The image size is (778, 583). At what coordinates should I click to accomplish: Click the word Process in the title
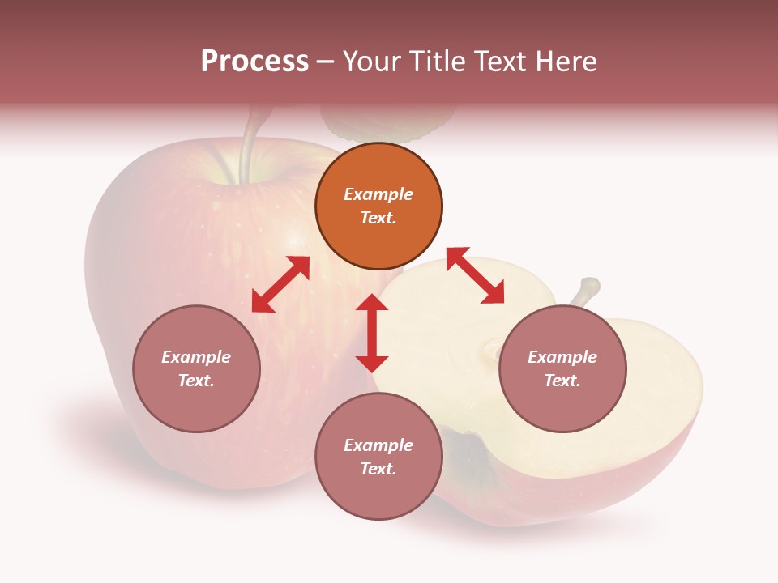point(254,62)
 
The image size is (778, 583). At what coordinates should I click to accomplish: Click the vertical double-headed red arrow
point(372,333)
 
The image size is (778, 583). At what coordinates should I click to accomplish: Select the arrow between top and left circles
point(280,284)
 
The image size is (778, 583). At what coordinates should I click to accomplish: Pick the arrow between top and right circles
point(475,275)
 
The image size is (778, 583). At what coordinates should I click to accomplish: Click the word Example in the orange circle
point(378,194)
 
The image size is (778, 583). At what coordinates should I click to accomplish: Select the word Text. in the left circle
point(196,381)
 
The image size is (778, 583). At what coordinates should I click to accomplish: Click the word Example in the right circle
point(562,357)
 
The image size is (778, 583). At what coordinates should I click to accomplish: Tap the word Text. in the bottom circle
point(378,469)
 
